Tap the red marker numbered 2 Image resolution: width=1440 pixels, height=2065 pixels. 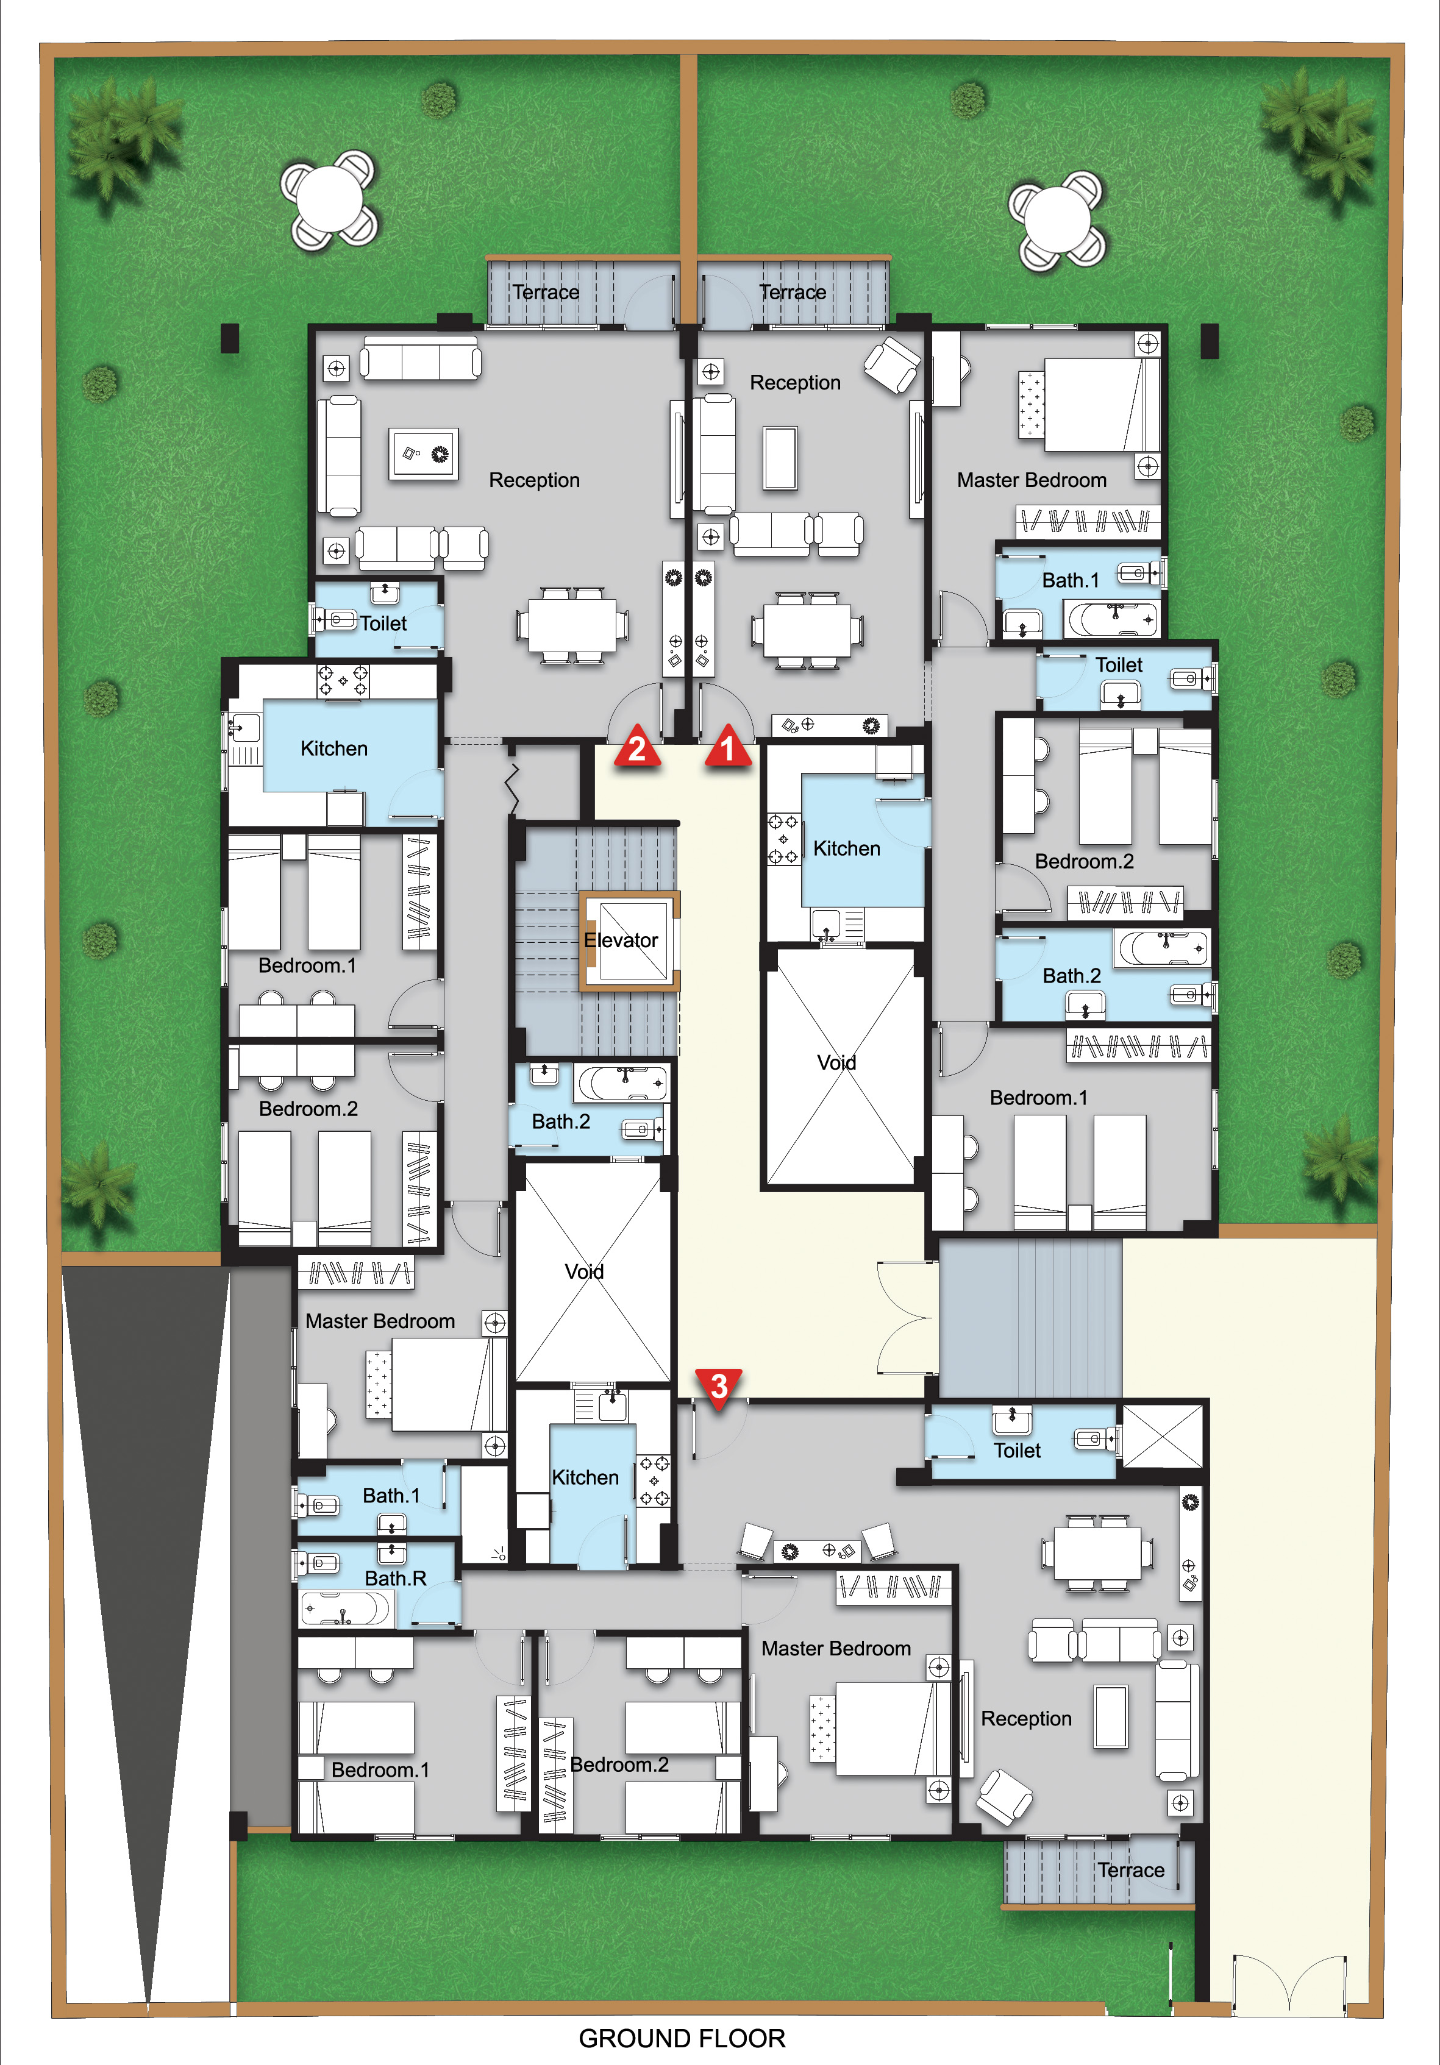coord(638,747)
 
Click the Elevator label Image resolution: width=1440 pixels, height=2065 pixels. coord(621,940)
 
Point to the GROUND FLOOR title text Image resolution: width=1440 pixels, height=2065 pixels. coord(682,2038)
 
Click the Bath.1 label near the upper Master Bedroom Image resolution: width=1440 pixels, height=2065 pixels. coord(1071,580)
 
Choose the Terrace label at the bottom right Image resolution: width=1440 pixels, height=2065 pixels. coord(1130,1870)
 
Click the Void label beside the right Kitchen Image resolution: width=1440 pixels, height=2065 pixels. coord(836,1062)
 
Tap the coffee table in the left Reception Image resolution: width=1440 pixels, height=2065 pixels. coord(424,454)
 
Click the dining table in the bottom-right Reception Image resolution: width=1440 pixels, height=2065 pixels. coord(1098,1553)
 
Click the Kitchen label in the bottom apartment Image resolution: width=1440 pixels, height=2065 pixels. coord(585,1477)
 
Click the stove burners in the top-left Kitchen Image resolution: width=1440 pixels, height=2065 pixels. coord(343,681)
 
